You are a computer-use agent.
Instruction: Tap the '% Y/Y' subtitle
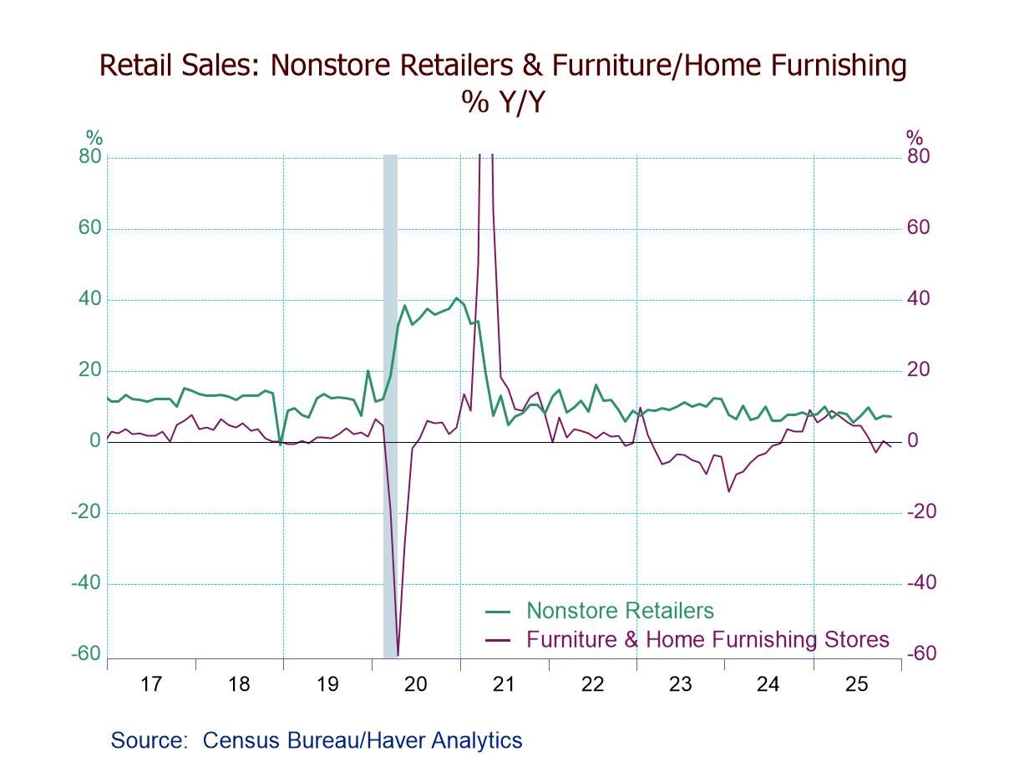(x=503, y=101)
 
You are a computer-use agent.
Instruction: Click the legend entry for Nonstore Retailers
(x=619, y=611)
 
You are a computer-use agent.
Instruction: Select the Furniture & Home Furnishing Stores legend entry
(x=707, y=640)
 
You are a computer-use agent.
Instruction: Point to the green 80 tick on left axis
(x=89, y=157)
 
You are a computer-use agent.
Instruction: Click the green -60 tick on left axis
(x=86, y=654)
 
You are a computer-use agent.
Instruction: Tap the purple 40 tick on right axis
(x=917, y=299)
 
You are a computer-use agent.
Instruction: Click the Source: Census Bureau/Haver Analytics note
(x=316, y=740)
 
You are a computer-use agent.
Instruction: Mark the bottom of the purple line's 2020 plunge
(x=398, y=654)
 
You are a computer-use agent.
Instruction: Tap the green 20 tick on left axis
(x=89, y=370)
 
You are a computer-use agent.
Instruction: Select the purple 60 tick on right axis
(x=917, y=228)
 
